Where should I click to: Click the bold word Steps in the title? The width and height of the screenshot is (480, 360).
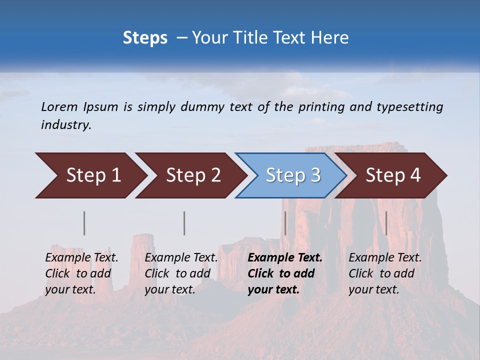click(145, 38)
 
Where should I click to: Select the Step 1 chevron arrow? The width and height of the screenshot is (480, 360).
click(90, 175)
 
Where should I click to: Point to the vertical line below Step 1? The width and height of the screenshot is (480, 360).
click(84, 223)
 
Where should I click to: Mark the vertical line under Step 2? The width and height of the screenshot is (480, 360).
click(184, 223)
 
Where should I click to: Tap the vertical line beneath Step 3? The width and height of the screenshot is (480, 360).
click(285, 223)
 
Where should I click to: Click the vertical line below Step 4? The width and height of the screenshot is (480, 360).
click(386, 223)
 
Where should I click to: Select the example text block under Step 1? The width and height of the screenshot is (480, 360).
click(81, 273)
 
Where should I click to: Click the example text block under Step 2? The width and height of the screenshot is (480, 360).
click(181, 273)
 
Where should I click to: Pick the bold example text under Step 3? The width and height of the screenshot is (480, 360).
click(285, 273)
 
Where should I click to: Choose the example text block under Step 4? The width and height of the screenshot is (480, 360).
click(385, 273)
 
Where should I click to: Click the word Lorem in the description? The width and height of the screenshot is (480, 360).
click(59, 107)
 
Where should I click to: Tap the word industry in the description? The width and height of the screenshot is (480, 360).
click(66, 125)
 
